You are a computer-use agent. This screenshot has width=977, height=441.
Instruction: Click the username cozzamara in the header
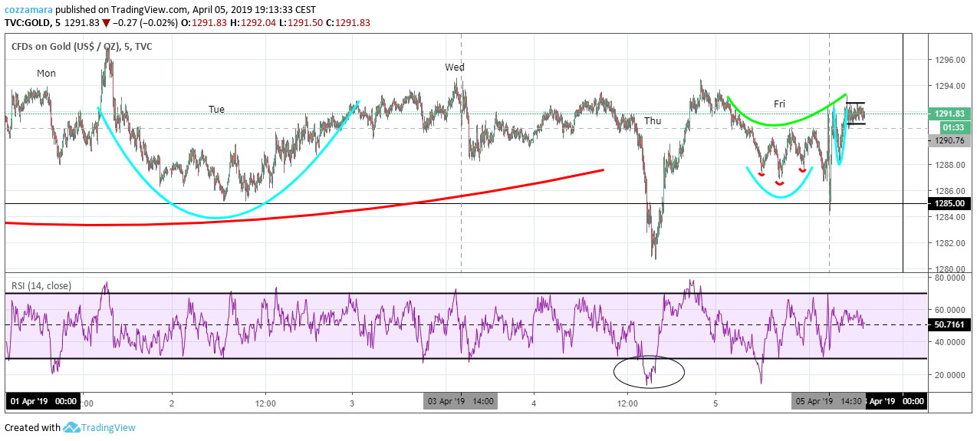click(x=28, y=10)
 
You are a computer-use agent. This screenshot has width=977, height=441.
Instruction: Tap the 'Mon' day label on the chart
click(x=46, y=74)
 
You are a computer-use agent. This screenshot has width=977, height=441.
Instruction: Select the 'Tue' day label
click(x=216, y=109)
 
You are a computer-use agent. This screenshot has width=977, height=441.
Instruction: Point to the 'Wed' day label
click(x=455, y=67)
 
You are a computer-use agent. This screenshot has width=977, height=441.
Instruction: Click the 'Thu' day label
click(x=653, y=121)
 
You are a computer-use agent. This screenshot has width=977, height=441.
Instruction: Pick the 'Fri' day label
click(x=779, y=104)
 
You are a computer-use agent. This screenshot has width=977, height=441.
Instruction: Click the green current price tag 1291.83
click(x=949, y=114)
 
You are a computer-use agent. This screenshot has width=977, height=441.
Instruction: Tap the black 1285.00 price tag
click(x=949, y=203)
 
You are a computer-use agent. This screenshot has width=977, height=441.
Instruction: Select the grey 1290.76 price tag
click(x=949, y=140)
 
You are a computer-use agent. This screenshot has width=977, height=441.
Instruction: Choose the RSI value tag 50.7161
click(x=949, y=324)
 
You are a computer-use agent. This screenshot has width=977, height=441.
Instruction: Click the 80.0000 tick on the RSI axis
click(x=949, y=278)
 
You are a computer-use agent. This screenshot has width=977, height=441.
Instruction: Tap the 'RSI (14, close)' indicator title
click(x=41, y=286)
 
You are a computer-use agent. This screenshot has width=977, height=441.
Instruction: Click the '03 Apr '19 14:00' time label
click(x=461, y=401)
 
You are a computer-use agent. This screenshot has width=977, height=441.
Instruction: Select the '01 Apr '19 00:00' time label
click(x=43, y=401)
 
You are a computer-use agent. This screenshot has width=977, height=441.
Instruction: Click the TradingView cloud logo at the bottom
click(x=71, y=427)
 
